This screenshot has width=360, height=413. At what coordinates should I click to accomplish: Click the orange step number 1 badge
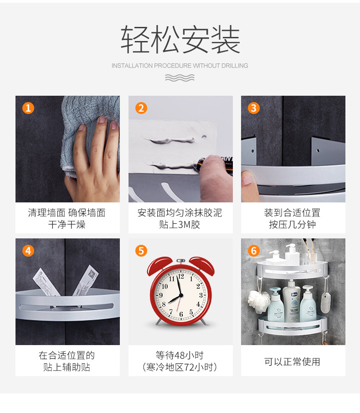click(x=28, y=108)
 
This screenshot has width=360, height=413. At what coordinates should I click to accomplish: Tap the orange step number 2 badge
click(x=141, y=108)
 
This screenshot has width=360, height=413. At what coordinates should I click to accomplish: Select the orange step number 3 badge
click(x=254, y=108)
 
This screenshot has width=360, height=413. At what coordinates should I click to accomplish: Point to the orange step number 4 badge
click(x=28, y=251)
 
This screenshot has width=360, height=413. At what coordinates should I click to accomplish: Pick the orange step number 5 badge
click(x=141, y=251)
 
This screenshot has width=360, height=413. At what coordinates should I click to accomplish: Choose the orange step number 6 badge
click(x=254, y=251)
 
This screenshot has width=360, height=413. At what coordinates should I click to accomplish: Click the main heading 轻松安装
click(x=180, y=40)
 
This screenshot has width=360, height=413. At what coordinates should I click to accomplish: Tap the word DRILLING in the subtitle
click(x=235, y=66)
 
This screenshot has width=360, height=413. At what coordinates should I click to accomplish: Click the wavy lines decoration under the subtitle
click(x=180, y=77)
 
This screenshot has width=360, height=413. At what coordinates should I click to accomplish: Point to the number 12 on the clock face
click(x=181, y=276)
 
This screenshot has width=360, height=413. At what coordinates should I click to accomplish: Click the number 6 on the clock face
click(x=181, y=314)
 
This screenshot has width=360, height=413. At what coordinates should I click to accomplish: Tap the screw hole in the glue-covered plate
click(x=204, y=137)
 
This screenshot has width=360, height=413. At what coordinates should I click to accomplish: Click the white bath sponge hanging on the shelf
click(x=259, y=301)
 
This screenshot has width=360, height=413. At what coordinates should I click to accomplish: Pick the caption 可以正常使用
click(x=292, y=361)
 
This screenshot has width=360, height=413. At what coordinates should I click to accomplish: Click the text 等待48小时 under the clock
click(x=180, y=355)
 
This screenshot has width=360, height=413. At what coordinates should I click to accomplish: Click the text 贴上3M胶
click(x=180, y=224)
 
